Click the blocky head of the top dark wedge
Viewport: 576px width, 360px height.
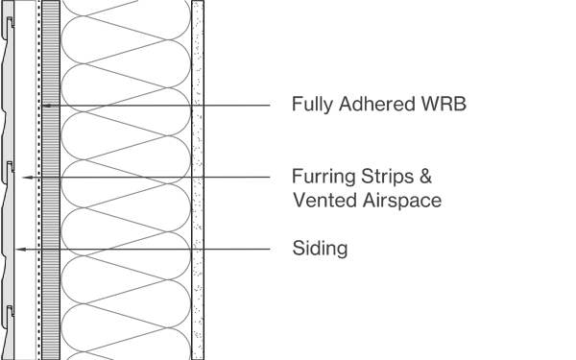tap(88, 93)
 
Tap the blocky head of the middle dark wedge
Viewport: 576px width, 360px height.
tap(161, 164)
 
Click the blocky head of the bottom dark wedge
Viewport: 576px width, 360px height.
tap(88, 237)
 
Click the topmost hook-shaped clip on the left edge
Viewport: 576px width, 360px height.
tap(10, 21)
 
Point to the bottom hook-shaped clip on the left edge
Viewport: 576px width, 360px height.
tap(10, 311)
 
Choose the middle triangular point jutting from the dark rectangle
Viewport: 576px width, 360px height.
tap(208, 179)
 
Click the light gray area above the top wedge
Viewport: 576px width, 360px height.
tap(125, 43)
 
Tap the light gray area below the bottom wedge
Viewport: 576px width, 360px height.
tap(125, 307)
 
